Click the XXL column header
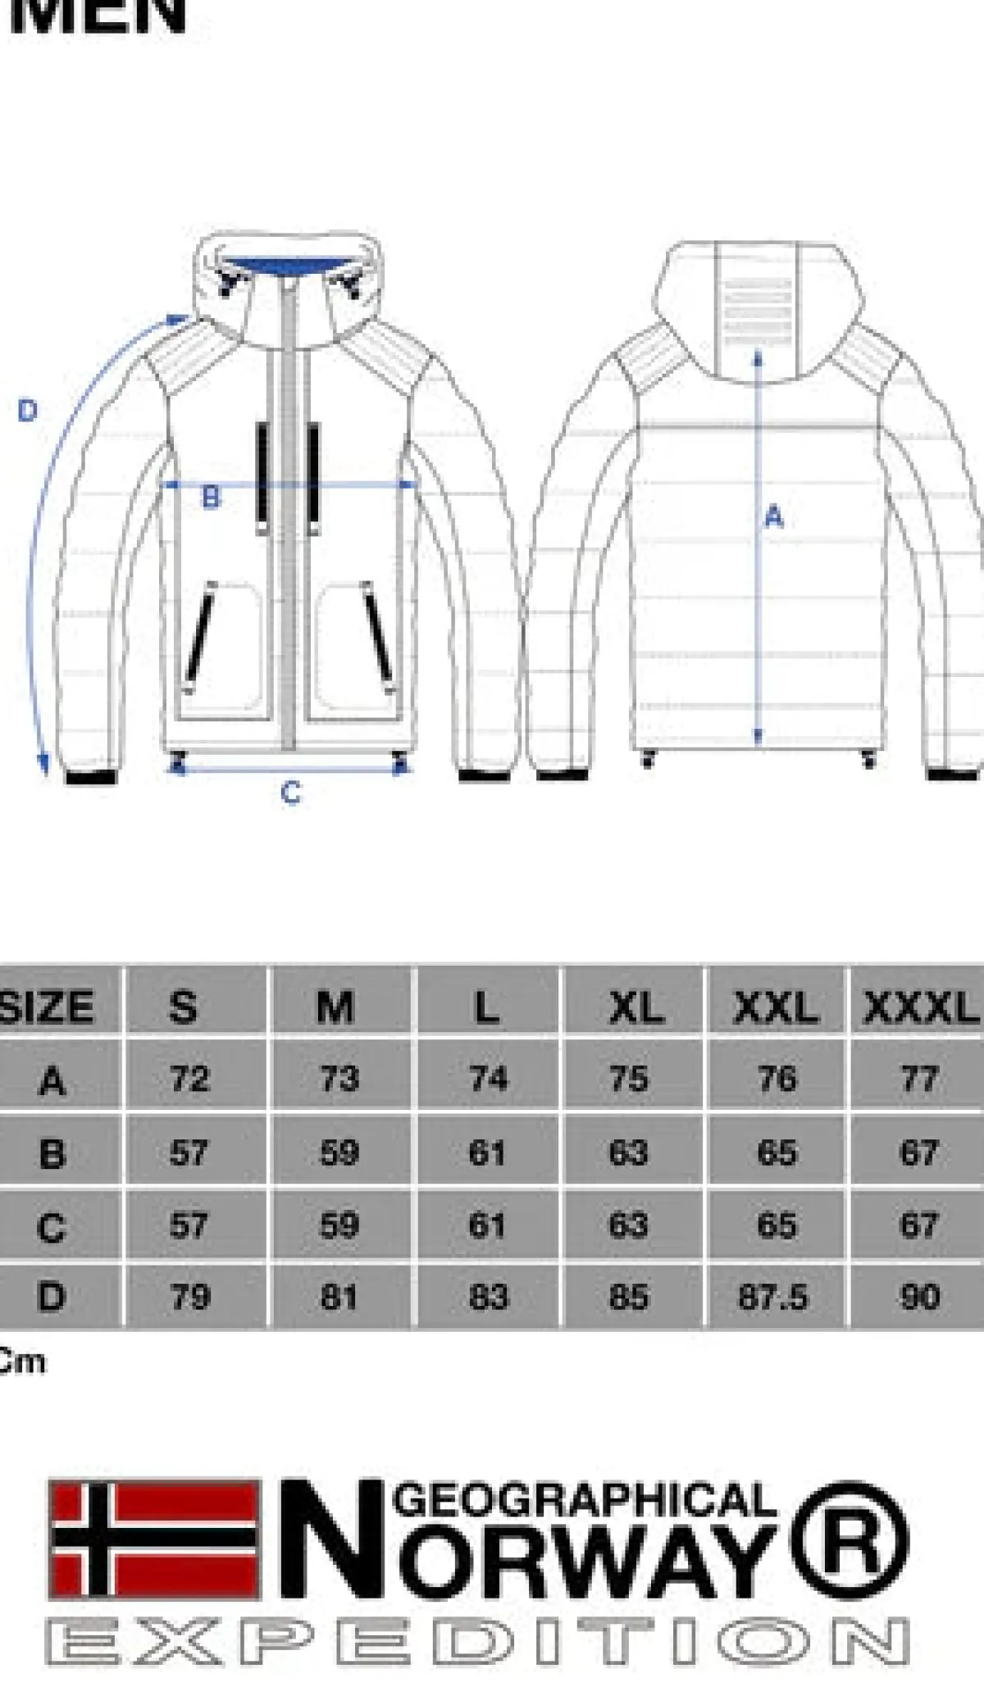point(776,1007)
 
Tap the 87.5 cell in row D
point(773,1297)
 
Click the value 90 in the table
point(919,1297)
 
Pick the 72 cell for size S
point(190,1079)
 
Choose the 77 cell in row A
point(919,1079)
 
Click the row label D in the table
point(51,1297)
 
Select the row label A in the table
point(52,1080)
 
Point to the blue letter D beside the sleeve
point(28,410)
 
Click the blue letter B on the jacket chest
point(211,497)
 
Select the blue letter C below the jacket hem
point(290,793)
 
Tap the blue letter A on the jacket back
point(774,516)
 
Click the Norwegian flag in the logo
point(155,1539)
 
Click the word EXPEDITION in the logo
point(477,1642)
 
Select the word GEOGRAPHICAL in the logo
point(584,1499)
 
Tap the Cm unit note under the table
point(22,1362)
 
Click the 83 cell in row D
point(489,1297)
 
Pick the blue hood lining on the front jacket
point(287,266)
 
